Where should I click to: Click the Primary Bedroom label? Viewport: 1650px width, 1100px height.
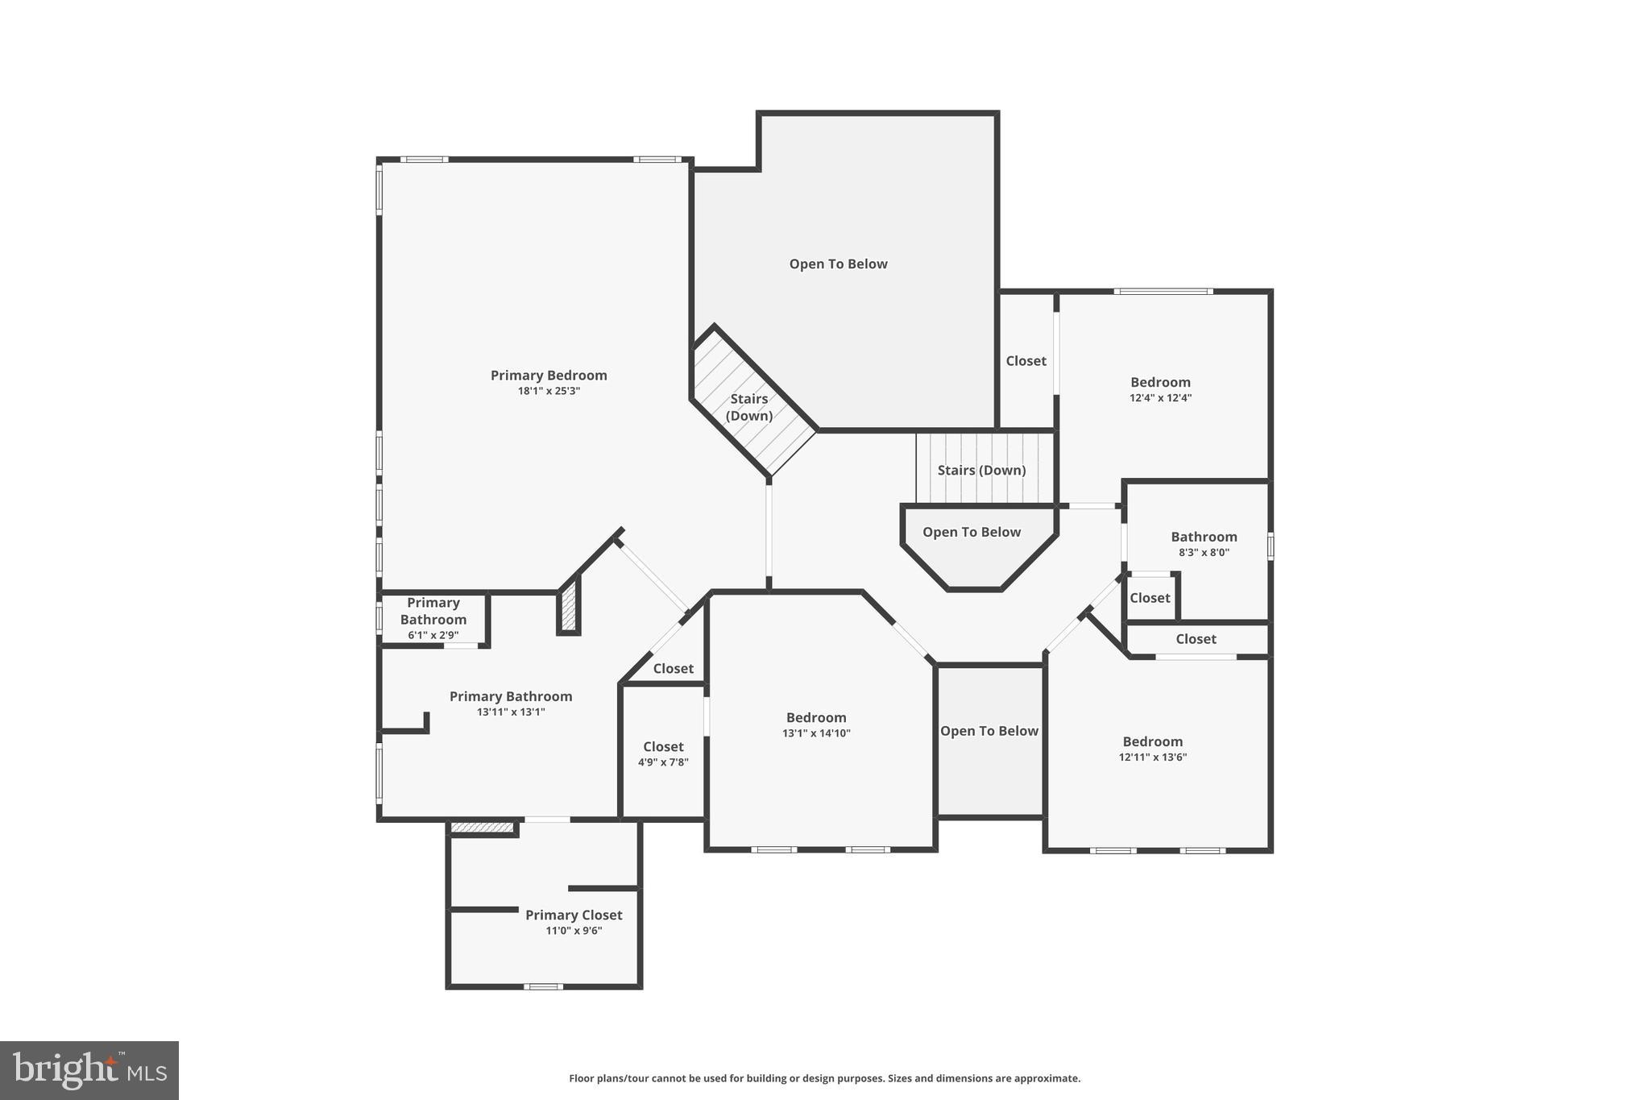[x=549, y=376]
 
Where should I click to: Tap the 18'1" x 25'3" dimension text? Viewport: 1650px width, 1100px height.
[x=549, y=392]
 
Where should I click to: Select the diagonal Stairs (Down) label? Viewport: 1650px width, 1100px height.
[x=749, y=407]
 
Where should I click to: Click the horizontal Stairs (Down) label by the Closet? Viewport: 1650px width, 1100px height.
[x=981, y=471]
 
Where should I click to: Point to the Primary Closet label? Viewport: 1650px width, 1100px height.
[x=574, y=915]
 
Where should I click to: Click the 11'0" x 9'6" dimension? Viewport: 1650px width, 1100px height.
[x=574, y=931]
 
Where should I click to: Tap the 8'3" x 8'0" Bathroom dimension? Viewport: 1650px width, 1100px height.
[x=1204, y=553]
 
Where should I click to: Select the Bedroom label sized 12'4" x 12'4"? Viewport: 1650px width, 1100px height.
[x=1160, y=383]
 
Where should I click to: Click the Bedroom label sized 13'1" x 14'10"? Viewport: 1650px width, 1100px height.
[x=816, y=718]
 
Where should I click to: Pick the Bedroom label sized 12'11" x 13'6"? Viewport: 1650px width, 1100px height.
[x=1152, y=742]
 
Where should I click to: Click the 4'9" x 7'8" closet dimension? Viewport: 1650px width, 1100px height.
[x=663, y=762]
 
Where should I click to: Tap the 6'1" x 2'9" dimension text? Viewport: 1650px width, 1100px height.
[x=433, y=636]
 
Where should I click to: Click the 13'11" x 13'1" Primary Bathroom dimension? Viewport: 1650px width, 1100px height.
[x=511, y=712]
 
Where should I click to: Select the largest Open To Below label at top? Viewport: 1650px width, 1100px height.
[x=838, y=264]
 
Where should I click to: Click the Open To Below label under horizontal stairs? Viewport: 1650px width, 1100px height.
[x=972, y=533]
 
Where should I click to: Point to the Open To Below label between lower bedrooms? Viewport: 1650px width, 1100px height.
[x=989, y=732]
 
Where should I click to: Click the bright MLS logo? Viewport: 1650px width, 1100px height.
[x=89, y=1070]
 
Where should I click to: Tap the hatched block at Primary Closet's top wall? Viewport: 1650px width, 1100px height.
[x=482, y=828]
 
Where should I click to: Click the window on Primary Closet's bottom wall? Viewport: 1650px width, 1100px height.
[x=543, y=986]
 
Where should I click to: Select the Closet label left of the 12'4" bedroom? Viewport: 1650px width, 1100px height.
[x=1026, y=361]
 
